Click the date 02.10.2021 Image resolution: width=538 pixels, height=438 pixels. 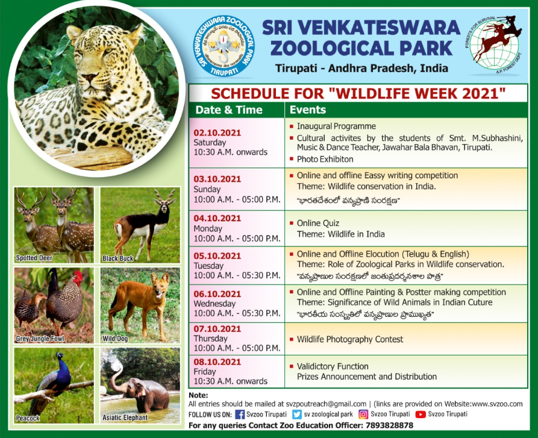(x=217, y=133)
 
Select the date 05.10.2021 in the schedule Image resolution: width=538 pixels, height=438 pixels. (x=217, y=256)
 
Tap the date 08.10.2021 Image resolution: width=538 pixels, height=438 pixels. (x=217, y=362)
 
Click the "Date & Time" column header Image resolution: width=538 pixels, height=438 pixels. (x=229, y=110)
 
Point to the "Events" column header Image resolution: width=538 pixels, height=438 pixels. (x=308, y=110)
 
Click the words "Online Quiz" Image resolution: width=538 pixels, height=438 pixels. (x=318, y=224)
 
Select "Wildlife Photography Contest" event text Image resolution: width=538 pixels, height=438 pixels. (x=350, y=339)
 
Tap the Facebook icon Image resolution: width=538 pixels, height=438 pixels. (x=240, y=415)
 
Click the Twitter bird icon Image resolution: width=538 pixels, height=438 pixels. (x=297, y=415)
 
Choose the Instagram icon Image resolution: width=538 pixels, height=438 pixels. (x=363, y=415)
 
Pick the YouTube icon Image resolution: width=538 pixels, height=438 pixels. (x=421, y=415)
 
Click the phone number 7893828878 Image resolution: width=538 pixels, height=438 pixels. (x=389, y=426)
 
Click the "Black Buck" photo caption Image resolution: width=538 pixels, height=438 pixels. (x=117, y=258)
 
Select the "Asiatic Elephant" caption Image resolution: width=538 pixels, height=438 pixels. (x=125, y=418)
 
